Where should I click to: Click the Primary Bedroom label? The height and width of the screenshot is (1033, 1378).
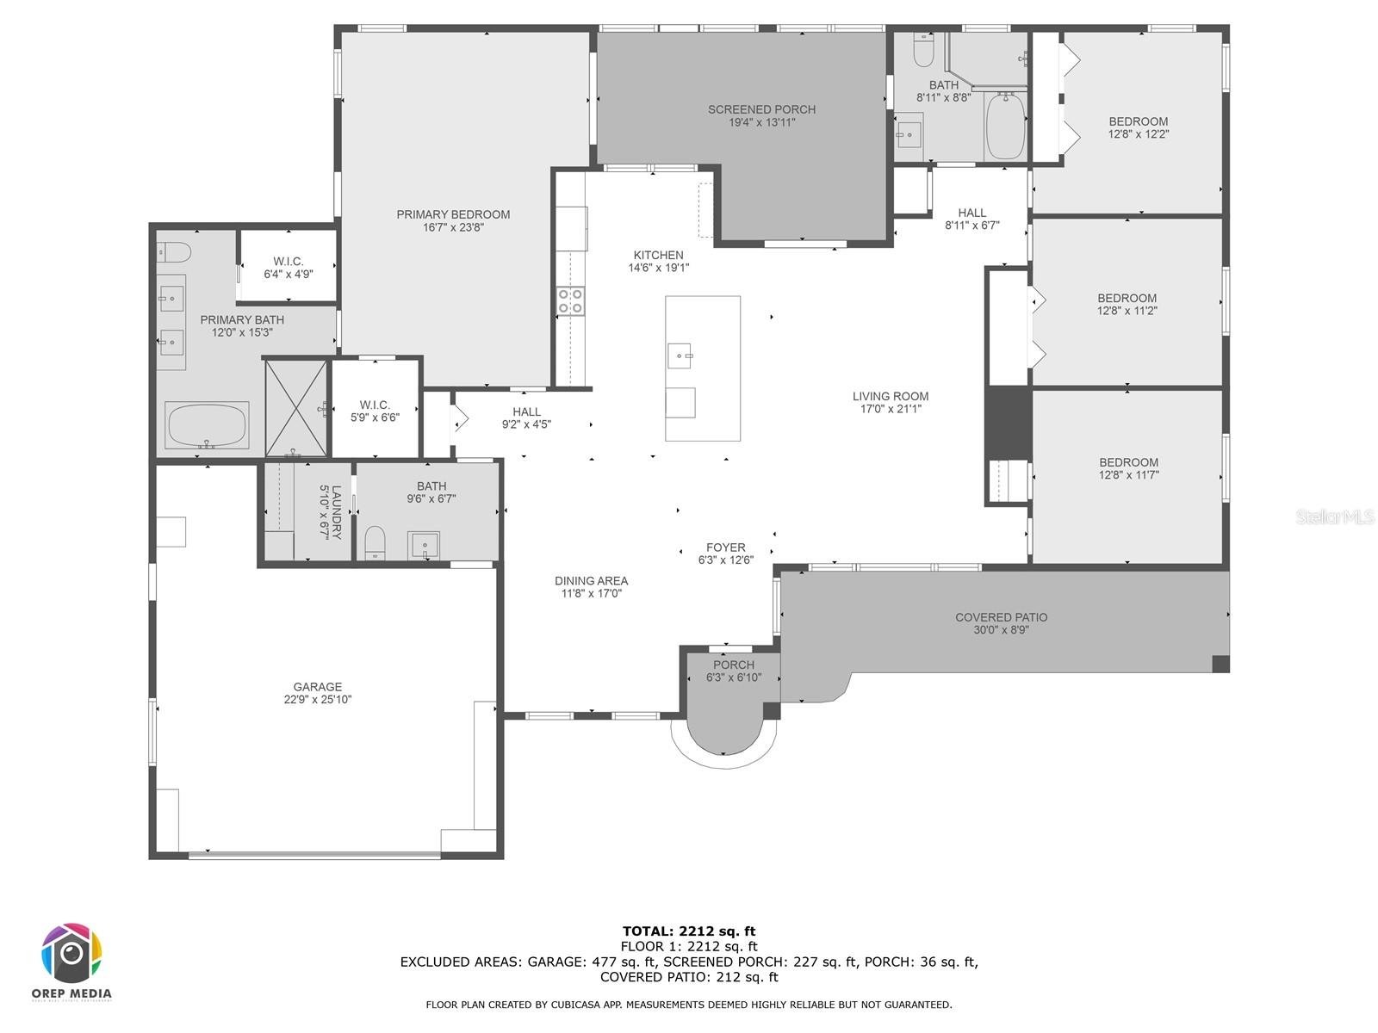[453, 214]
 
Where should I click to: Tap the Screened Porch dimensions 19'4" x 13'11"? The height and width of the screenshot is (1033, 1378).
[761, 122]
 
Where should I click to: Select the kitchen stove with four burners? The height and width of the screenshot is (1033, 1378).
[570, 301]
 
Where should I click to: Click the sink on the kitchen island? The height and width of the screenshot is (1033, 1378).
[680, 356]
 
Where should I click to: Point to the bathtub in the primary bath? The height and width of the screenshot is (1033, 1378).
[207, 424]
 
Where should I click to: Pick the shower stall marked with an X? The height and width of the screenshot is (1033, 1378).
[296, 408]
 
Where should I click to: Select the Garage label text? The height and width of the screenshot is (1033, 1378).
[318, 687]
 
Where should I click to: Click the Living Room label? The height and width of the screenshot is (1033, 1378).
[891, 396]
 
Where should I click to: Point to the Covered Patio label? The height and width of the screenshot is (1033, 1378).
[1002, 617]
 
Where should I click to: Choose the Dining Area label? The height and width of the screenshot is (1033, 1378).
[592, 581]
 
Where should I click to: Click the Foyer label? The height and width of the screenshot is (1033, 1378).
[726, 547]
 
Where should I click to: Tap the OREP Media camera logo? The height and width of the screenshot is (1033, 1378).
[71, 953]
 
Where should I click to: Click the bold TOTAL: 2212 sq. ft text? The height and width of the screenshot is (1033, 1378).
[689, 931]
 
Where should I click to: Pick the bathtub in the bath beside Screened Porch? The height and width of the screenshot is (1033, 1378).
[1006, 126]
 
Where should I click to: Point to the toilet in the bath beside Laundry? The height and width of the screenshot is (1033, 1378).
[375, 542]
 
